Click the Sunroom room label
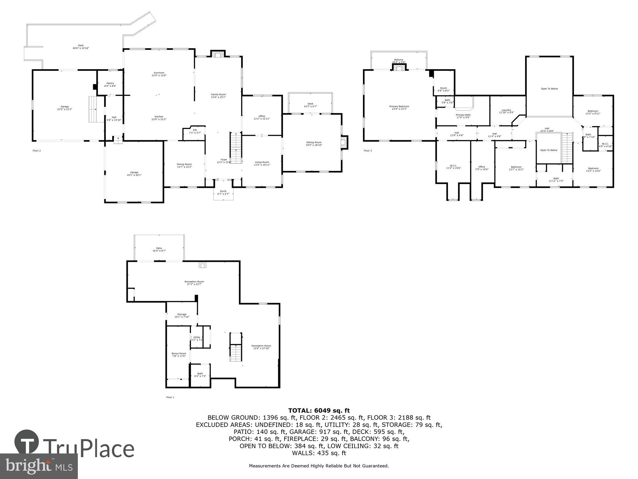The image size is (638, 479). (159, 73)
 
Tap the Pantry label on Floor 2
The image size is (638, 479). (110, 83)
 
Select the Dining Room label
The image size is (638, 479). (184, 164)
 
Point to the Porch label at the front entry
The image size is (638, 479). (223, 191)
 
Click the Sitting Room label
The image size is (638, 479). (314, 142)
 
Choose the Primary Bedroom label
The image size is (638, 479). (399, 106)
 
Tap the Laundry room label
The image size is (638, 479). (506, 110)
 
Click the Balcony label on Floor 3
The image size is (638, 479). (398, 60)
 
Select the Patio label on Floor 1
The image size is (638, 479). (159, 248)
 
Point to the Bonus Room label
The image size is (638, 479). (179, 354)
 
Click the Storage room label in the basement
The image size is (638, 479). (182, 314)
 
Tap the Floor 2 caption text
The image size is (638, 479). (37, 151)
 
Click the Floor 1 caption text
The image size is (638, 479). (170, 397)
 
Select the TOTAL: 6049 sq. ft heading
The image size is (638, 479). (319, 411)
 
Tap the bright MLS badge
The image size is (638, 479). (39, 466)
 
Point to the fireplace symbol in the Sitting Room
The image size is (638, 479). (344, 142)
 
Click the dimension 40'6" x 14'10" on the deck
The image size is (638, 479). (81, 48)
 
